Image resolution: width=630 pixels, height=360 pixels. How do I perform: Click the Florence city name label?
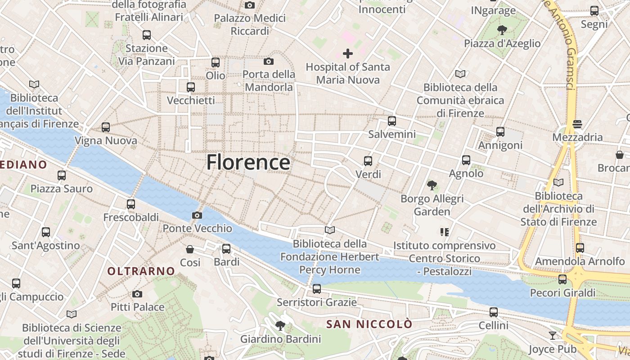[248, 162]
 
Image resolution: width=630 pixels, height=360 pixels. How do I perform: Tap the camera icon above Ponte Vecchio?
[197, 216]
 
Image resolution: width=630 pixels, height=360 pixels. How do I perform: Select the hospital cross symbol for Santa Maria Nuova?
[347, 54]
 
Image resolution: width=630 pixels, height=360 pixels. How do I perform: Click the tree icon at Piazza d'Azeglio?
[502, 30]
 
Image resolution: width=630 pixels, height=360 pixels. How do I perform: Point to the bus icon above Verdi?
[368, 161]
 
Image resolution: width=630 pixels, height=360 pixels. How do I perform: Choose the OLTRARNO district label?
[141, 271]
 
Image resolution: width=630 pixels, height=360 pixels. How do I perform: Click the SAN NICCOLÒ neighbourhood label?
[369, 324]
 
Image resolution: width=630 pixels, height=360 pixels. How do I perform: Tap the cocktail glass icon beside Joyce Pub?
[552, 336]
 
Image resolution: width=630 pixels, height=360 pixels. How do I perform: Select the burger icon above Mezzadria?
[577, 124]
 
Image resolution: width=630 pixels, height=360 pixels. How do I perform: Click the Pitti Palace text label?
[137, 307]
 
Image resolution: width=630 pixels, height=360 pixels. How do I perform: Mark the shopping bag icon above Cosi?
[190, 249]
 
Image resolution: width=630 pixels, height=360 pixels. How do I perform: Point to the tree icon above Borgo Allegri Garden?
[432, 185]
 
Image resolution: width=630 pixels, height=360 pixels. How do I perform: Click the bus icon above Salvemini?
[392, 121]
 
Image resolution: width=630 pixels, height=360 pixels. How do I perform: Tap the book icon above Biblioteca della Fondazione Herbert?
[330, 230]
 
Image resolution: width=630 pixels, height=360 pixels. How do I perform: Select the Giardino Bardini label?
[280, 339]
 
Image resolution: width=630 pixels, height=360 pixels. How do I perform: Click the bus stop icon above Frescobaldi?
[131, 204]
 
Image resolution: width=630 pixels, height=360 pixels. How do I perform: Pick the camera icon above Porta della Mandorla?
[269, 61]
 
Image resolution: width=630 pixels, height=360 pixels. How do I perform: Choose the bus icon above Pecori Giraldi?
[562, 279]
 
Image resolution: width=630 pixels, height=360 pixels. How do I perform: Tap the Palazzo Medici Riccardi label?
[250, 25]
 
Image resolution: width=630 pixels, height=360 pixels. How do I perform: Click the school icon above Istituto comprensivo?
[445, 232]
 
